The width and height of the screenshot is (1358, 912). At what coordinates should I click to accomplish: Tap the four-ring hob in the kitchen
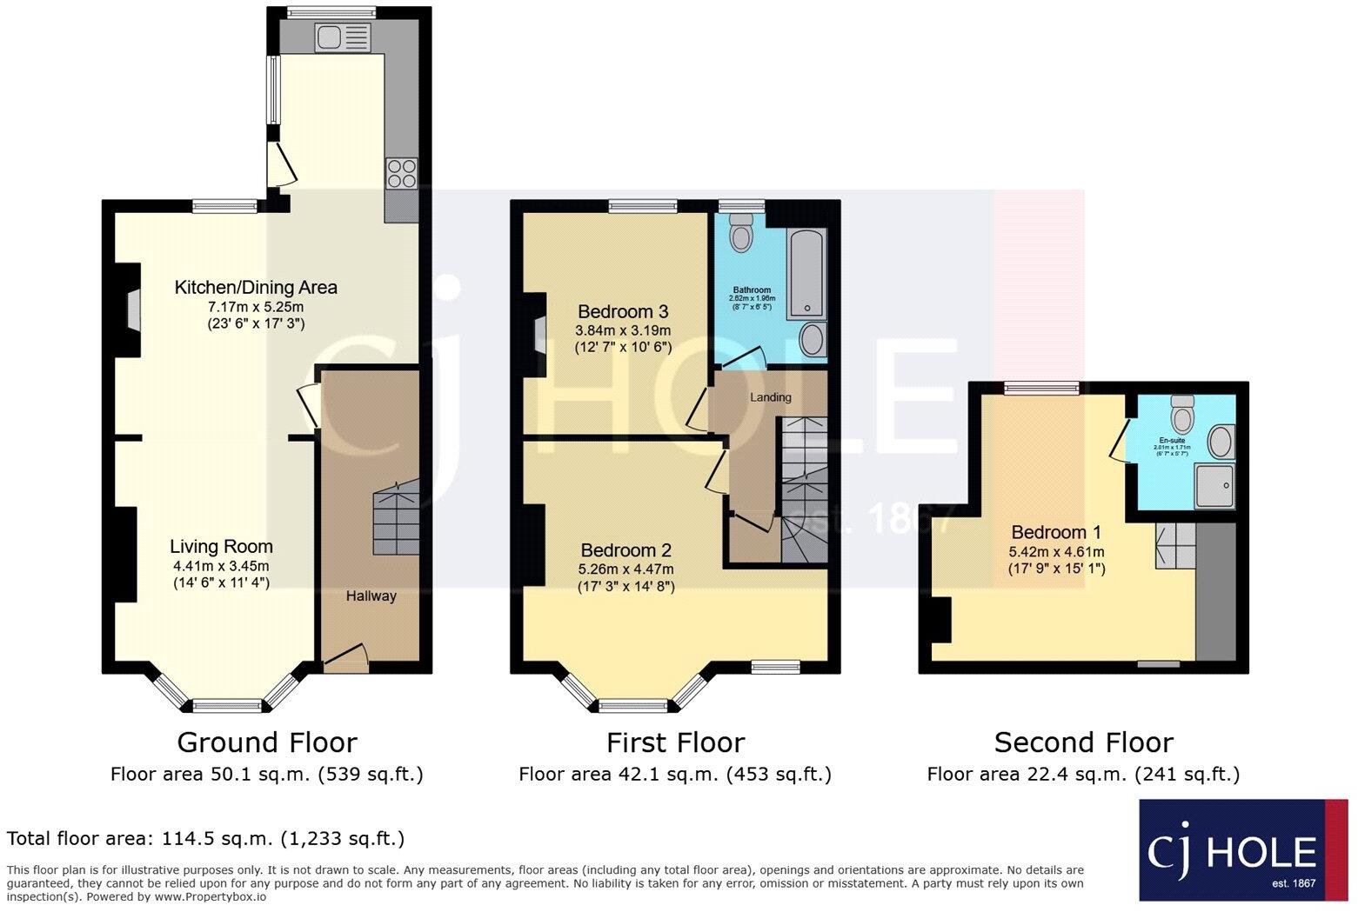[x=401, y=173]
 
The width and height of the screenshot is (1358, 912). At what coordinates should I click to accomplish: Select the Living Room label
[x=221, y=546]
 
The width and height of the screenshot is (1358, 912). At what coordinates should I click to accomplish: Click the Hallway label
[x=371, y=596]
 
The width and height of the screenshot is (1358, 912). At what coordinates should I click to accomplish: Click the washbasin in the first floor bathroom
[x=813, y=340]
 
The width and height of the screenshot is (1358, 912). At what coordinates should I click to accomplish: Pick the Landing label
[x=771, y=397]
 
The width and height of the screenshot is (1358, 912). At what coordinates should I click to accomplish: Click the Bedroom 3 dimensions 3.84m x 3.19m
[x=623, y=330]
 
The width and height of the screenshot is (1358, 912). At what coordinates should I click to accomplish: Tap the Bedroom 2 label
[x=625, y=549]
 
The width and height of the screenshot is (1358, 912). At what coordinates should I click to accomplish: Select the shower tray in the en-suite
[x=1214, y=485]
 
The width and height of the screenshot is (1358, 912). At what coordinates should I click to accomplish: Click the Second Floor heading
[x=1083, y=742]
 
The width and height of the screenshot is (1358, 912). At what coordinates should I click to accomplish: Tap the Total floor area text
[x=205, y=838]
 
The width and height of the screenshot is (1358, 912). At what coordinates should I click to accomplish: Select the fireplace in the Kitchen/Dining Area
[x=130, y=310]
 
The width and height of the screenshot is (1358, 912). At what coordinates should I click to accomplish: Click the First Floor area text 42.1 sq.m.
[x=674, y=774]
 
